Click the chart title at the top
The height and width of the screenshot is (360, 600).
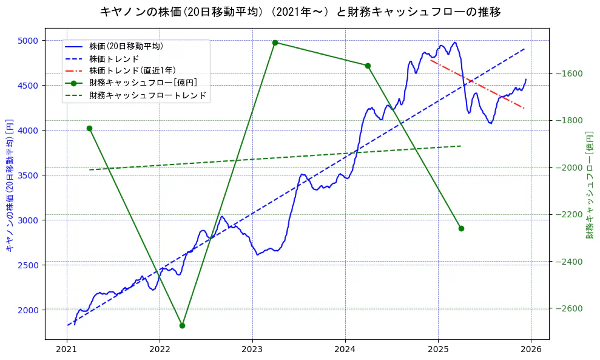[300, 12]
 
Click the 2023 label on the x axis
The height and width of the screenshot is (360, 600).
[252, 350]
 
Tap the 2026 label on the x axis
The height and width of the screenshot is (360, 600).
[531, 350]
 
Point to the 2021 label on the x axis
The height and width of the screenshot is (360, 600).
[67, 350]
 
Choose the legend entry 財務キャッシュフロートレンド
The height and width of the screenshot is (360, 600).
[147, 95]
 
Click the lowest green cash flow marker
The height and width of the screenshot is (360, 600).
[182, 325]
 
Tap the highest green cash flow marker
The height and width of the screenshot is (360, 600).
[275, 42]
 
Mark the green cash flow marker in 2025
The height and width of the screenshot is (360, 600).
[461, 228]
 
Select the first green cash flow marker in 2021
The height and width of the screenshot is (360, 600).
[89, 128]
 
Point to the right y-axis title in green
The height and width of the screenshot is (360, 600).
[589, 185]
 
